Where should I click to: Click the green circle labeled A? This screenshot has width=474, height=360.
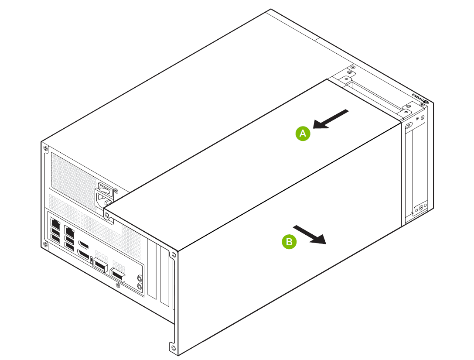pyautogui.click(x=303, y=134)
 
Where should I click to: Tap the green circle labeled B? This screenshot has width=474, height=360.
pyautogui.click(x=289, y=241)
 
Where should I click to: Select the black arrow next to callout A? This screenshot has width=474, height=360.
pyautogui.click(x=331, y=119)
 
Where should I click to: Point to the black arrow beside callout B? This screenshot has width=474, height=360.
pyautogui.click(x=310, y=234)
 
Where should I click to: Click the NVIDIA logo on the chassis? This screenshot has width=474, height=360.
pyautogui.click(x=419, y=98)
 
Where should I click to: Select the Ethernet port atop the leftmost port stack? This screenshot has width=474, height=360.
pyautogui.click(x=55, y=222)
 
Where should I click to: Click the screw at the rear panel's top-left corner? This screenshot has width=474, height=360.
pyautogui.click(x=45, y=149)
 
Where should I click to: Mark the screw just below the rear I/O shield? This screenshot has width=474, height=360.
pyautogui.click(x=117, y=285)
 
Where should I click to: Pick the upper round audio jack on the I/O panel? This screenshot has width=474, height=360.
pyautogui.click(x=140, y=278)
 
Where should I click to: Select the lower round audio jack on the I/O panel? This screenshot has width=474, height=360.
pyautogui.click(x=140, y=286)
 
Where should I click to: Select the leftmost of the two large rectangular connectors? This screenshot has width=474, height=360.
pyautogui.click(x=100, y=266)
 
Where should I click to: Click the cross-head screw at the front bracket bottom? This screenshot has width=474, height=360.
pyautogui.click(x=421, y=209)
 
